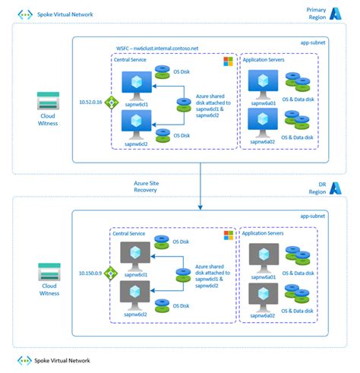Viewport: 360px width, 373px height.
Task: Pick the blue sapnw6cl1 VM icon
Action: coord(137,83)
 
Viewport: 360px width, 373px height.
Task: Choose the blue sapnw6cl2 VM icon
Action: coord(137,119)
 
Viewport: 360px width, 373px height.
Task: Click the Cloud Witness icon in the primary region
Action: coord(49,102)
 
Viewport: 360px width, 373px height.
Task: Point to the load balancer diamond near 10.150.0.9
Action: coord(110,273)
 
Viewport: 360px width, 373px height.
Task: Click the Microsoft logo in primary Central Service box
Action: coord(226,60)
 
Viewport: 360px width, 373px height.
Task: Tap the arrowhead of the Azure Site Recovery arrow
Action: coord(201,204)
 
